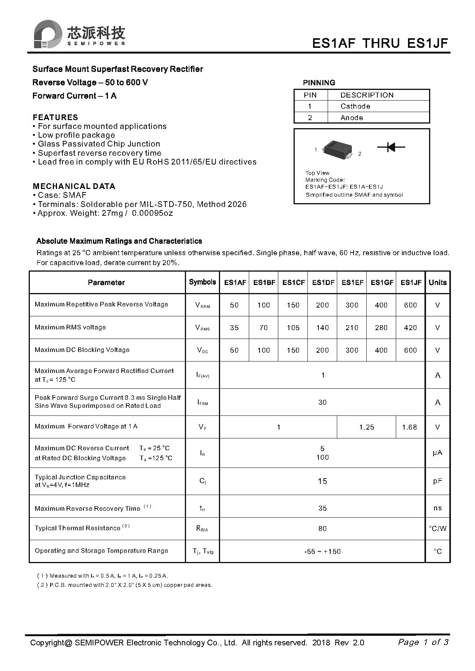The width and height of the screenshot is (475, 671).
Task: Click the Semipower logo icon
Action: (47, 34)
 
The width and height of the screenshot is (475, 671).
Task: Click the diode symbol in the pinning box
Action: (391, 147)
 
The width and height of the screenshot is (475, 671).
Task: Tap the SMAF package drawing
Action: (337, 149)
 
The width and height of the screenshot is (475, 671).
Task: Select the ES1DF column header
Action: (323, 282)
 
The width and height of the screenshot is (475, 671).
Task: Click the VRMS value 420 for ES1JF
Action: (410, 327)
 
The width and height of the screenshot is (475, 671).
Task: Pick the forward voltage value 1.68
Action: (409, 427)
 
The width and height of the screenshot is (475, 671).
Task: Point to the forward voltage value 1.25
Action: (366, 427)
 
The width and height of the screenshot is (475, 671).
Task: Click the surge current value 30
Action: (322, 402)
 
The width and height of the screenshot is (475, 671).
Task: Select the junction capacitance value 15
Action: (322, 481)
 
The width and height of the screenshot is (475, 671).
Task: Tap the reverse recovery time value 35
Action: (322, 508)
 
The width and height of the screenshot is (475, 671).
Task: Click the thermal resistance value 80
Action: (322, 528)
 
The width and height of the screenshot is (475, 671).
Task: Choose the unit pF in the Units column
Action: (437, 481)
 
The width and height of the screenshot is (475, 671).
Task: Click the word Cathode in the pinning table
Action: (355, 106)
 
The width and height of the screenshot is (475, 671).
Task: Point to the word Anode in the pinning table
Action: (351, 118)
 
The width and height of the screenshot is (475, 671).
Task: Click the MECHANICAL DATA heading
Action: (74, 186)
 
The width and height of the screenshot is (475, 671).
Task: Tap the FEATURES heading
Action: (55, 117)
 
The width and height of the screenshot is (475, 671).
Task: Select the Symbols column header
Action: (202, 282)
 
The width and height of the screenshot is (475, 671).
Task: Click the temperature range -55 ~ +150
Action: (322, 551)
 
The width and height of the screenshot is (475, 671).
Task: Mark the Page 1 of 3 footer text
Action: (423, 642)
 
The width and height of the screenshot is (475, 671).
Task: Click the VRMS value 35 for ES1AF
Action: (234, 327)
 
